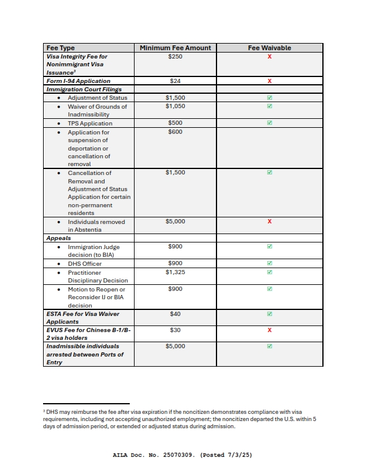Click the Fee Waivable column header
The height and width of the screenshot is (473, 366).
click(x=269, y=48)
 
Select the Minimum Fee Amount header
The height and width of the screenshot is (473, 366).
click(x=175, y=48)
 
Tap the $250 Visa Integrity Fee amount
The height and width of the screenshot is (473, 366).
click(x=175, y=56)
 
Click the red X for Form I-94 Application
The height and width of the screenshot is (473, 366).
click(x=270, y=81)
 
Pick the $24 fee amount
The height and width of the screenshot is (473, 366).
click(x=175, y=81)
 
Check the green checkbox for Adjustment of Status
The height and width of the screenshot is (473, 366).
click(x=270, y=98)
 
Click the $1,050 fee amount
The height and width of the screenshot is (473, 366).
click(x=175, y=106)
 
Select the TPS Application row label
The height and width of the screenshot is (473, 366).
click(x=90, y=123)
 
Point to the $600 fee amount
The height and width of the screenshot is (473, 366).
click(x=175, y=132)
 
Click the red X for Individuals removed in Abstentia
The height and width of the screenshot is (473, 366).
click(x=270, y=222)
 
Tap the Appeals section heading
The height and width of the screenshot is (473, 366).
click(x=59, y=238)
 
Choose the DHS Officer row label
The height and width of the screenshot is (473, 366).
click(x=84, y=263)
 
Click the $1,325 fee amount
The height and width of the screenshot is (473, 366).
click(x=175, y=272)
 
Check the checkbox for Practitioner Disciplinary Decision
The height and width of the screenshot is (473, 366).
click(x=270, y=272)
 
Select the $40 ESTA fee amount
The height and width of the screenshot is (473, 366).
click(x=175, y=314)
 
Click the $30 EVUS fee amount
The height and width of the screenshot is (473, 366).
click(x=175, y=330)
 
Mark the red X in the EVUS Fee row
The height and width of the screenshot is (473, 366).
click(x=270, y=330)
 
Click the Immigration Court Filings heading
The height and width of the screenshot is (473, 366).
click(x=84, y=89)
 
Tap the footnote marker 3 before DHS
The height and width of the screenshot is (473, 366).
click(x=44, y=411)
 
